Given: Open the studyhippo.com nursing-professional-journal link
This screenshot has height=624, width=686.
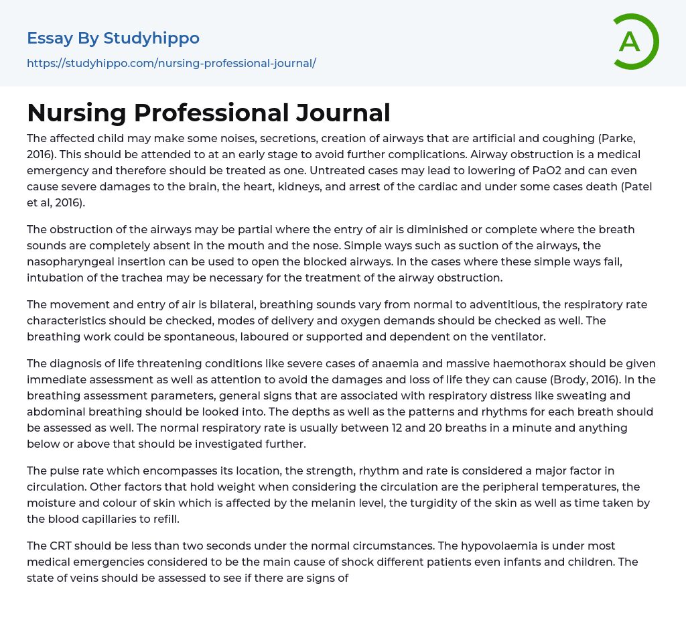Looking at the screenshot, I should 171,64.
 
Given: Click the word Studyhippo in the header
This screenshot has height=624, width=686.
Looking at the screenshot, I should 151,38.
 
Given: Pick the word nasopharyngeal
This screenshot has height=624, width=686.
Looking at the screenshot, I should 70,261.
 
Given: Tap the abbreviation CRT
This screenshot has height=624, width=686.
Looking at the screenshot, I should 61,546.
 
